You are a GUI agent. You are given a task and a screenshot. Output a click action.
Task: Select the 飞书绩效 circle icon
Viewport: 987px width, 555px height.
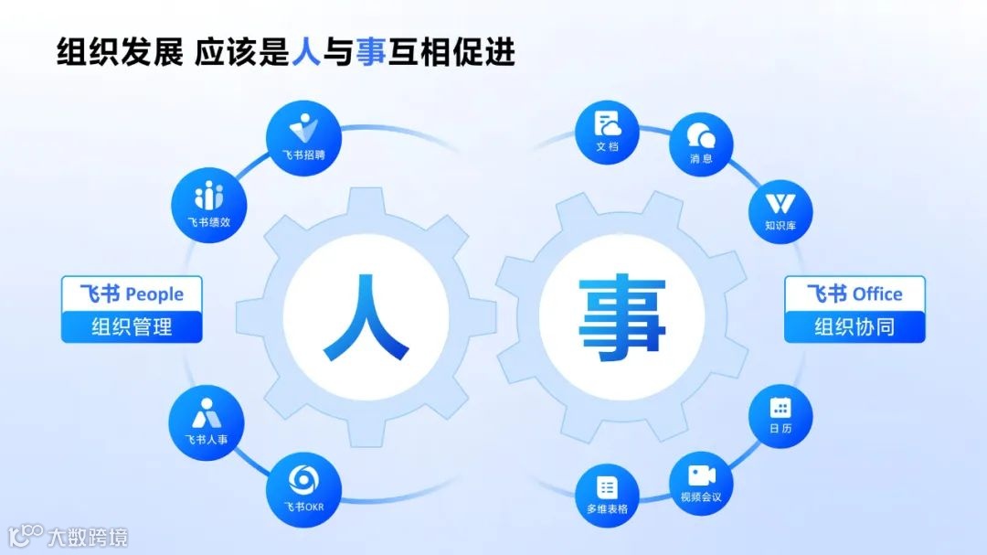click(208, 206)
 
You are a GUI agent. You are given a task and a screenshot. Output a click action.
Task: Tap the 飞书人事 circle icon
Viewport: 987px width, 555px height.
click(206, 423)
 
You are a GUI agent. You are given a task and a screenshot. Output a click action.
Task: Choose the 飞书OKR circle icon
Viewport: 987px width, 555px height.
click(303, 489)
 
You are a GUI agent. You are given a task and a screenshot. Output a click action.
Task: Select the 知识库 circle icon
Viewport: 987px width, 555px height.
click(780, 205)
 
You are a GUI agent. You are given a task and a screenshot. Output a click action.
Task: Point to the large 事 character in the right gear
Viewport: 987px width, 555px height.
click(621, 316)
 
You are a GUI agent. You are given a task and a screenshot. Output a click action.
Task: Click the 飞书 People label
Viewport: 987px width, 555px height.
click(132, 294)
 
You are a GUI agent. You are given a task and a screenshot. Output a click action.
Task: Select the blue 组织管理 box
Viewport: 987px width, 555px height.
click(132, 326)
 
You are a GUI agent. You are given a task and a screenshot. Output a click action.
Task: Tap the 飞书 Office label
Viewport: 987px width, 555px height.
click(854, 294)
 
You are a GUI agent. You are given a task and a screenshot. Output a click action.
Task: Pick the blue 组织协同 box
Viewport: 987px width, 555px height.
click(854, 326)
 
